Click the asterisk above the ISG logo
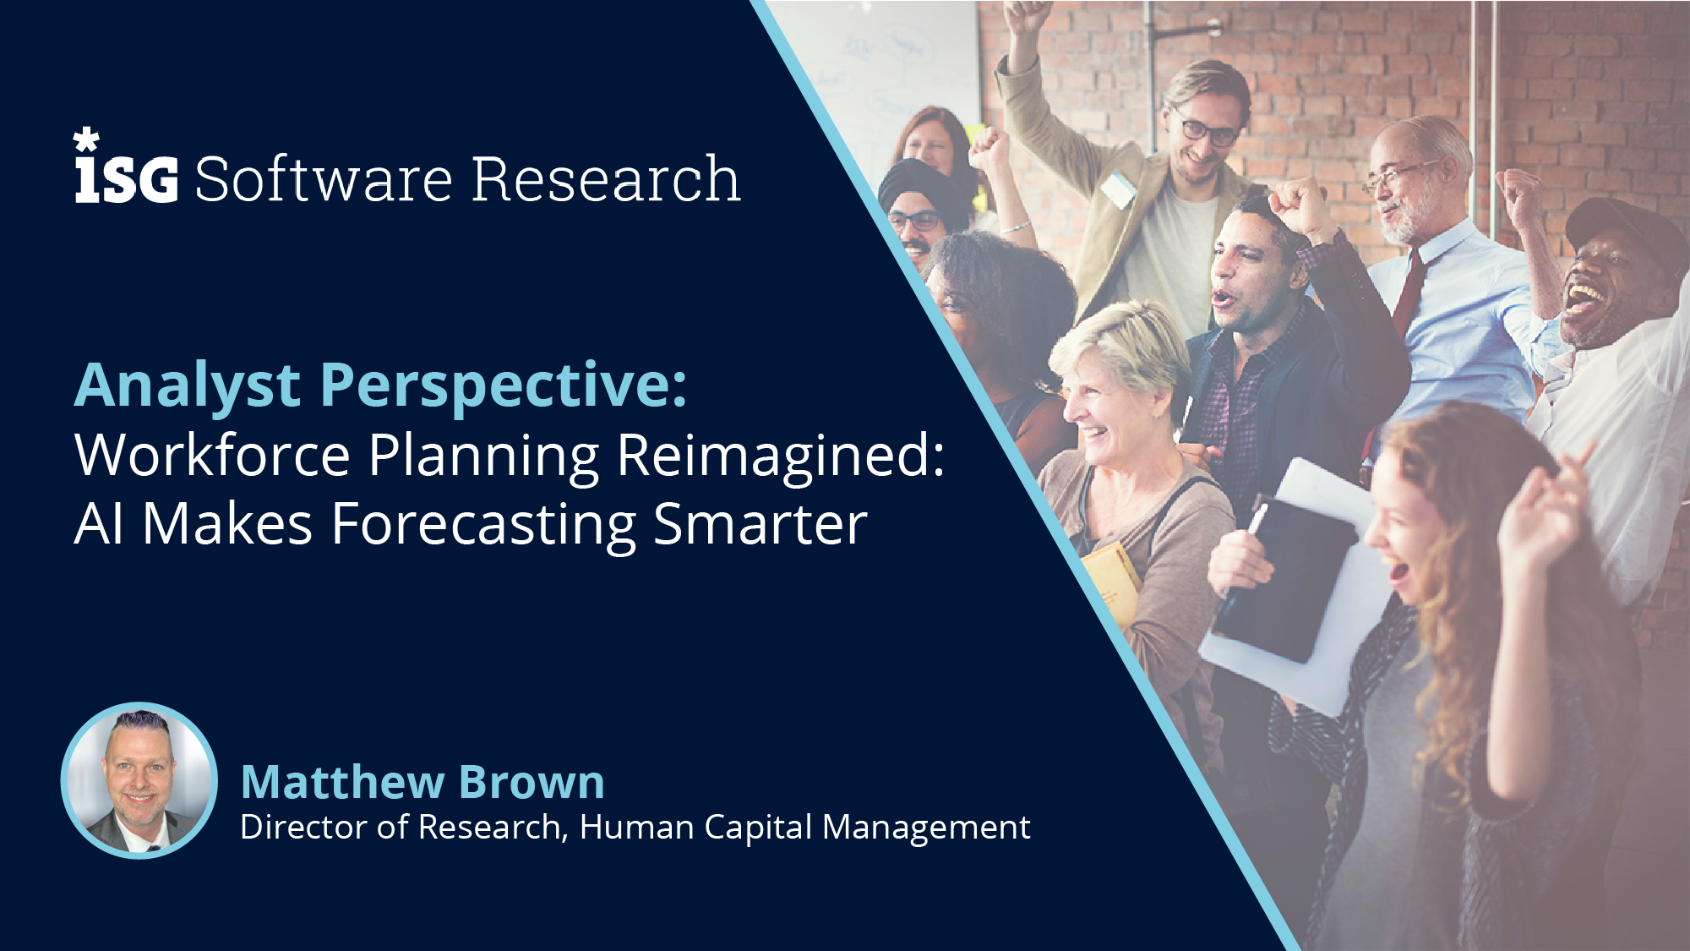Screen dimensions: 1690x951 pyautogui.click(x=86, y=139)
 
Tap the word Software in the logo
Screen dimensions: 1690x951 pyautogui.click(x=324, y=179)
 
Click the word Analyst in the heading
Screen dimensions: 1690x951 pyautogui.click(x=188, y=387)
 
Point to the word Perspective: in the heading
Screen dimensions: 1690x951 pyautogui.click(x=504, y=387)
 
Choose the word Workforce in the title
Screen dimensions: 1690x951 pyautogui.click(x=212, y=456)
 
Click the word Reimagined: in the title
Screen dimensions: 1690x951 pyautogui.click(x=781, y=457)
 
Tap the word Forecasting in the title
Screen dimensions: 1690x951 pyautogui.click(x=483, y=525)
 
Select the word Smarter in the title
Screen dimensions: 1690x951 pyautogui.click(x=760, y=524)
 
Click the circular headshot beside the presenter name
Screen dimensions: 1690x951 pyautogui.click(x=139, y=780)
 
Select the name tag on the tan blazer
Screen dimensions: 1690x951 pyautogui.click(x=1118, y=190)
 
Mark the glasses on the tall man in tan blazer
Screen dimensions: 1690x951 pyautogui.click(x=1208, y=129)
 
